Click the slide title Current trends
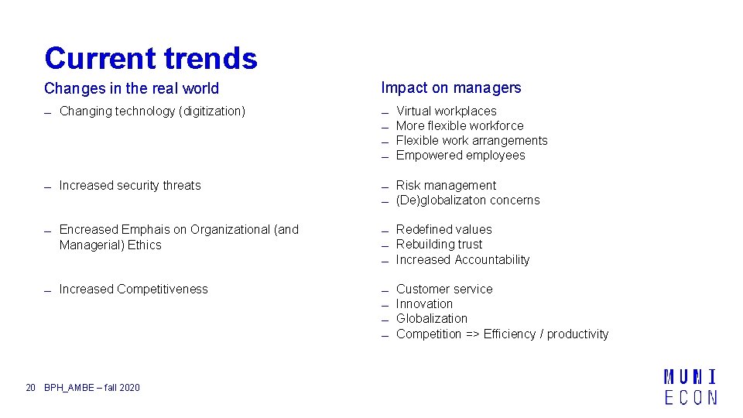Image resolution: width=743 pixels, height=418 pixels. tap(151, 58)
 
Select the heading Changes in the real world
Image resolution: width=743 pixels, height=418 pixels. tap(132, 89)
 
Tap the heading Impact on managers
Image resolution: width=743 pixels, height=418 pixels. tap(451, 88)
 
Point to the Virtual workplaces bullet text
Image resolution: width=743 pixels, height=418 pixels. tap(447, 111)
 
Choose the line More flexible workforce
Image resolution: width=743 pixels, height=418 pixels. tap(460, 126)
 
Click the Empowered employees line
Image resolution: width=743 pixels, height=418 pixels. tap(461, 156)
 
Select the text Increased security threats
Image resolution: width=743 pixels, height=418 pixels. tap(130, 186)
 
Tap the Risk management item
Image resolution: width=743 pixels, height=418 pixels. tap(446, 186)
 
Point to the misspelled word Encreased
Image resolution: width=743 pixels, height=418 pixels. tap(87, 230)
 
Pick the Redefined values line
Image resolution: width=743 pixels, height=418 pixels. tap(443, 230)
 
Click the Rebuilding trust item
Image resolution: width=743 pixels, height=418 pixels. tap(439, 245)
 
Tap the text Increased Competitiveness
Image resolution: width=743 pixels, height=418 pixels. tap(134, 290)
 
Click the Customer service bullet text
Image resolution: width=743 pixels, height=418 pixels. tap(444, 290)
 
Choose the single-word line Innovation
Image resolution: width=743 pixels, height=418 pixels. tap(424, 304)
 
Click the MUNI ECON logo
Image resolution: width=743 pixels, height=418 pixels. tap(690, 387)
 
